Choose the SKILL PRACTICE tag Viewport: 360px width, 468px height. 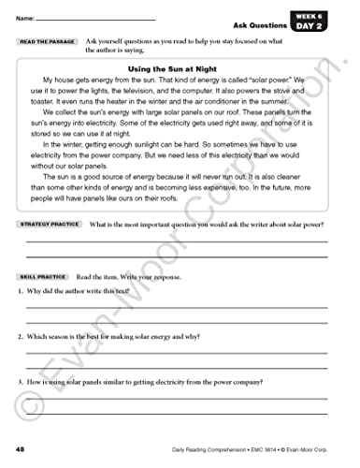pyautogui.click(x=42, y=278)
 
